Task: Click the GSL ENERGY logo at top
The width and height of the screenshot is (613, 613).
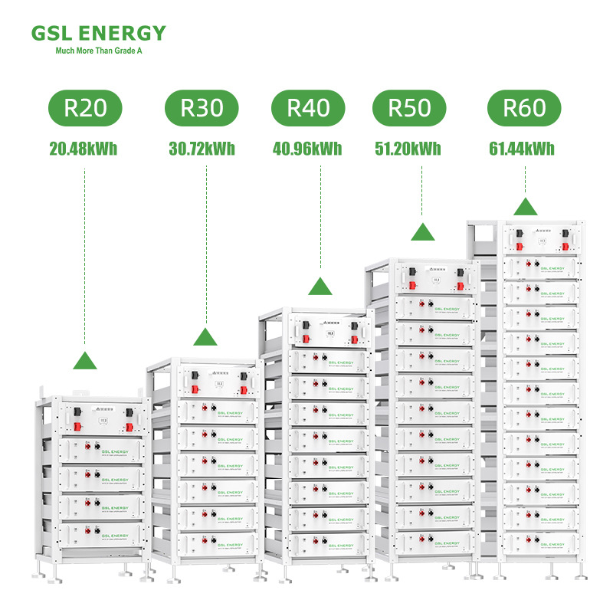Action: click(x=99, y=33)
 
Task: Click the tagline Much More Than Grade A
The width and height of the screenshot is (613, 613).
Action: click(x=99, y=51)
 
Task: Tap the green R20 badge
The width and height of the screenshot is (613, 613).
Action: click(x=85, y=107)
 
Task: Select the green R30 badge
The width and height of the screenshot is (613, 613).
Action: click(x=202, y=107)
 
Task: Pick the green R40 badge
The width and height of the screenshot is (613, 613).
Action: click(x=308, y=107)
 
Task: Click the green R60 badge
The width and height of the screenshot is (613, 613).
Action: click(x=524, y=107)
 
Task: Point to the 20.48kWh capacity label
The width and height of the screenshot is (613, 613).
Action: click(x=84, y=149)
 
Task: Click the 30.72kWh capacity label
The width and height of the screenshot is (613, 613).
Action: click(x=202, y=149)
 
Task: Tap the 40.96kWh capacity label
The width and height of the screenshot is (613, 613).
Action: click(x=307, y=149)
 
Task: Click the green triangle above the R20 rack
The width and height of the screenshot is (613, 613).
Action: click(x=85, y=360)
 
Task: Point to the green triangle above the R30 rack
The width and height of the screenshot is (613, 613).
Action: click(x=205, y=336)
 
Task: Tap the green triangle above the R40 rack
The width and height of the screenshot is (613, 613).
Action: click(x=320, y=287)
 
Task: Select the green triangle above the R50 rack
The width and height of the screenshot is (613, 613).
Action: click(x=423, y=232)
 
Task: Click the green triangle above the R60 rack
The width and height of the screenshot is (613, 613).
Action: click(x=525, y=207)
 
